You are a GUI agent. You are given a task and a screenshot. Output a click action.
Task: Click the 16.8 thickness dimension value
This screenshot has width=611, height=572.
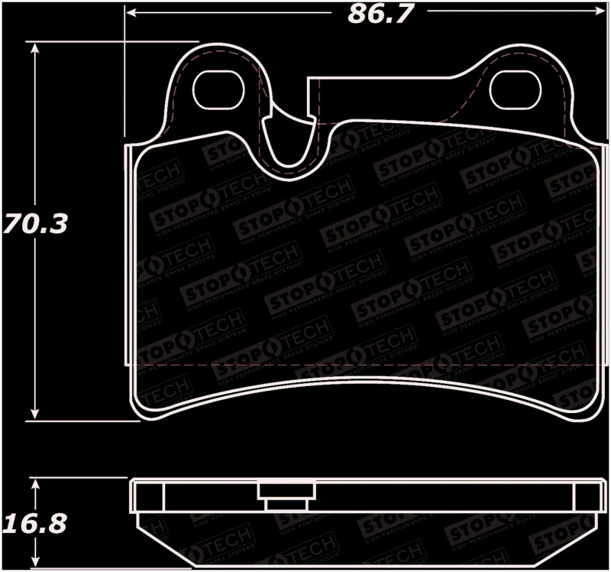click(x=34, y=525)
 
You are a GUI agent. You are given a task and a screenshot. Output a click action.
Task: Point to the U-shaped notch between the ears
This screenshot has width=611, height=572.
click(x=291, y=145)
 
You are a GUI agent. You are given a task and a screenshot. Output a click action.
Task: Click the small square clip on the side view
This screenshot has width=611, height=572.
click(x=285, y=498)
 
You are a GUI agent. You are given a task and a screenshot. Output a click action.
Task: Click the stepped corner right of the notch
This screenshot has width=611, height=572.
click(x=309, y=80)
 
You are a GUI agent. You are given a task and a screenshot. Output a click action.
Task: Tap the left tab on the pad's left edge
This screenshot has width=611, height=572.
click(x=129, y=252)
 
